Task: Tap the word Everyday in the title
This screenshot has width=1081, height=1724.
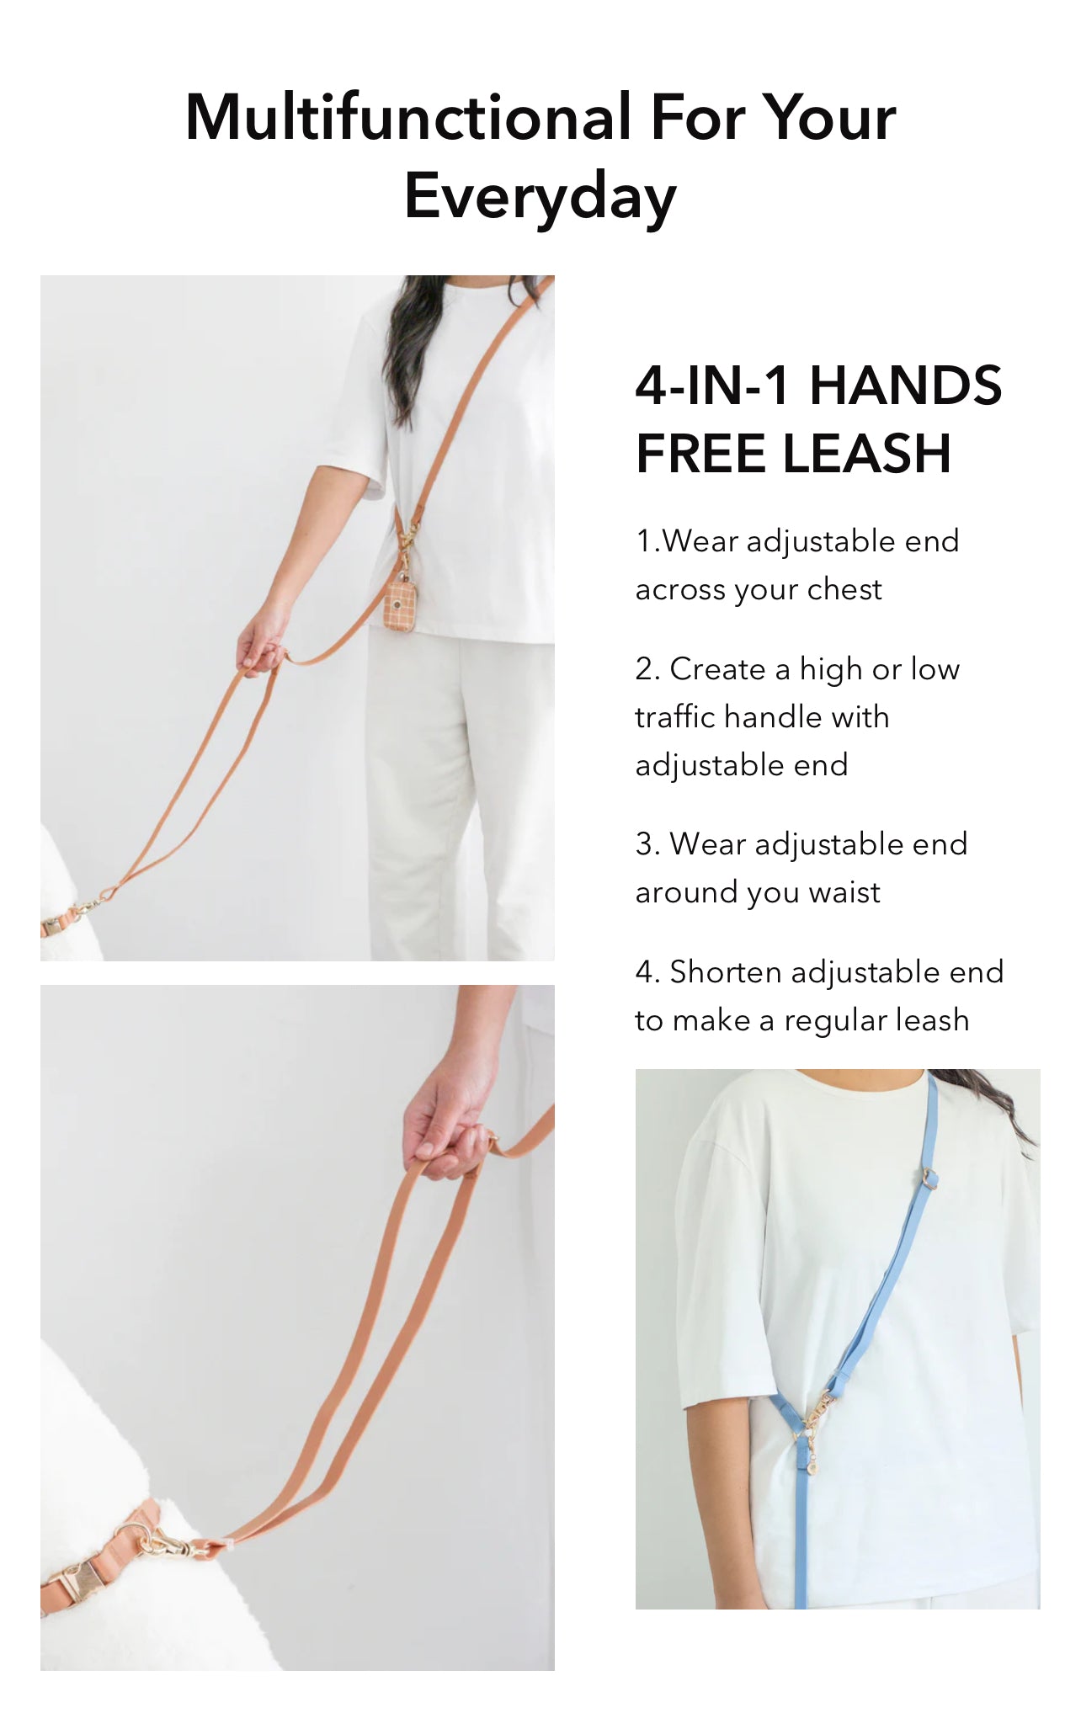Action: (540, 196)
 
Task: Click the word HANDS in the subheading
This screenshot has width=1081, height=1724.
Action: (905, 386)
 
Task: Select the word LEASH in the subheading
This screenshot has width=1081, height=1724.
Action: (867, 454)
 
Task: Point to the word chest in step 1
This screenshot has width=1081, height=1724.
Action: (844, 589)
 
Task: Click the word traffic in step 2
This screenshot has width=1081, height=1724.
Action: (675, 716)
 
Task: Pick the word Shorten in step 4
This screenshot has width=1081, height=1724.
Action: (726, 972)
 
